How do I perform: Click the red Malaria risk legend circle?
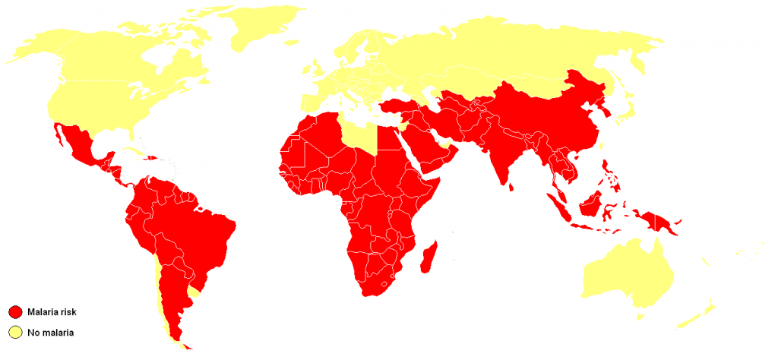click(14, 312)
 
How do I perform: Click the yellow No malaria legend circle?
click(14, 332)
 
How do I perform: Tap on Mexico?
click(80, 144)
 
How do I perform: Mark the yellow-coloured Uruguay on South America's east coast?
click(197, 289)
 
